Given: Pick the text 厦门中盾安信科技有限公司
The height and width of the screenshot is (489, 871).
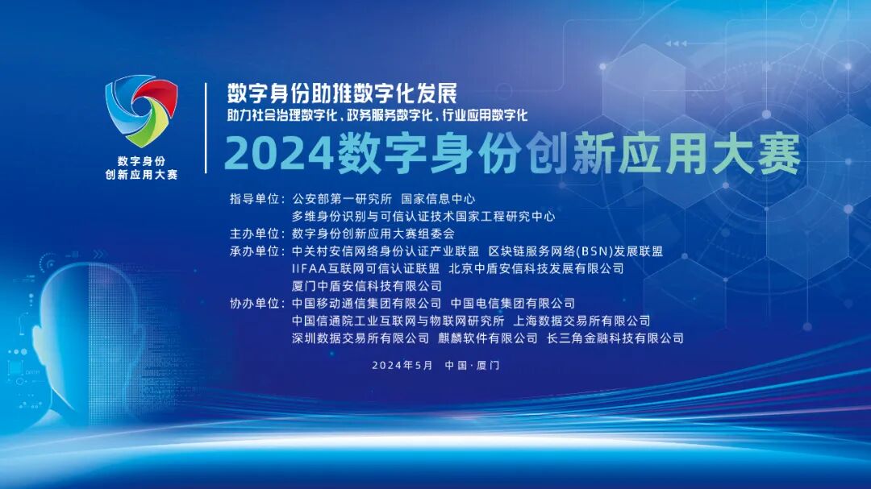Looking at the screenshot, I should point(367,286).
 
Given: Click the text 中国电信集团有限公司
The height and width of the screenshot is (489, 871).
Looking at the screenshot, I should point(512,304).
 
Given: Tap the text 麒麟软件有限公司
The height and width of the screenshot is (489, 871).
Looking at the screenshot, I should point(488,339).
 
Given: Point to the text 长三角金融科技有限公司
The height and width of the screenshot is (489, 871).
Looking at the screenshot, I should point(615,339).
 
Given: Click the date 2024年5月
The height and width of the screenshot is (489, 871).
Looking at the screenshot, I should point(402,365).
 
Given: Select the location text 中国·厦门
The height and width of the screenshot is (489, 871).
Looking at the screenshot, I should point(472,365).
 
